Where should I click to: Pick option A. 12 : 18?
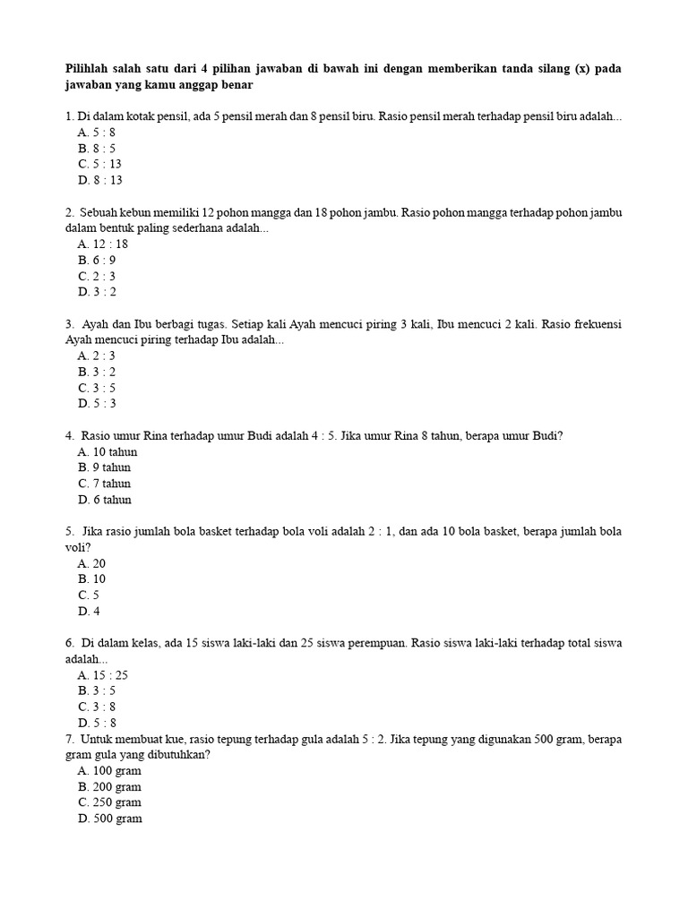tap(103, 244)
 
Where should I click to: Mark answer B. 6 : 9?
tap(97, 260)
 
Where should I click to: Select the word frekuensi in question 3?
tap(595, 324)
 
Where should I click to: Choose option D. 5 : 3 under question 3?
tap(97, 403)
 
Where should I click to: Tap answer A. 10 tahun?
tap(107, 451)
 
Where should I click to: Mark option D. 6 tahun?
tap(105, 500)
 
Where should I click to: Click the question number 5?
tap(69, 532)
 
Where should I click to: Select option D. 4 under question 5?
tap(89, 612)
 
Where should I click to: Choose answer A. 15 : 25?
tap(103, 674)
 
